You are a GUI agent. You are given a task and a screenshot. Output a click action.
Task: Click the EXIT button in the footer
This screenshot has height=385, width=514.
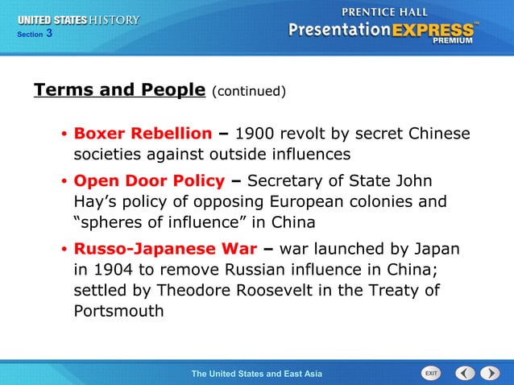[432, 373]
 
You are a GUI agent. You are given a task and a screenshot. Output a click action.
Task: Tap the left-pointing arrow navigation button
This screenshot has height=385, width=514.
[465, 373]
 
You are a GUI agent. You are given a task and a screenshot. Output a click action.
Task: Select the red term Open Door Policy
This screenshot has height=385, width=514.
[149, 180]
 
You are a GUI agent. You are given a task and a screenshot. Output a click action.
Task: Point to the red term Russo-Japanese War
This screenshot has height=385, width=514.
[166, 249]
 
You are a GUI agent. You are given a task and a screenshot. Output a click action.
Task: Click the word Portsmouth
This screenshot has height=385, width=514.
[119, 310]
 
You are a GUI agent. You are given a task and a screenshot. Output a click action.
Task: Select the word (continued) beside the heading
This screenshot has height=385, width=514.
[249, 91]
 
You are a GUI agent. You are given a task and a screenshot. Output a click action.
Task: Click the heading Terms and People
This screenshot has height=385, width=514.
[119, 89]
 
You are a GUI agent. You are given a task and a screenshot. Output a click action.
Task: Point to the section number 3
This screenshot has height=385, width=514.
[48, 33]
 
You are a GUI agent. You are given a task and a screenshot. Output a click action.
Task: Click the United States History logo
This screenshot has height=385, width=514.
[79, 19]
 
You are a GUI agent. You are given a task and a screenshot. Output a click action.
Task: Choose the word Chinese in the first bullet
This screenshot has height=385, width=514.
[438, 133]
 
